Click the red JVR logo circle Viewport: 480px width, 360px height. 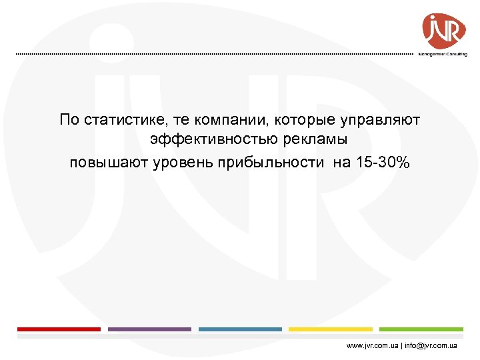coord(444,29)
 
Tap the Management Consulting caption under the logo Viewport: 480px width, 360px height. coord(443,55)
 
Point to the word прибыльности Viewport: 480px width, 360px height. coord(266,163)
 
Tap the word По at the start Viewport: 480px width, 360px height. coord(68,120)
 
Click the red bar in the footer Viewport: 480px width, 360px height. coord(59,329)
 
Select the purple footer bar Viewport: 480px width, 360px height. coord(149,329)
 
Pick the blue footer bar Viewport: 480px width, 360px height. coord(240,329)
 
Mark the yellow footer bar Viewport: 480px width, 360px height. coord(331,329)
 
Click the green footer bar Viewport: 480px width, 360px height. coord(421,329)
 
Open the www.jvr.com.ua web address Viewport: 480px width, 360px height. coord(373,346)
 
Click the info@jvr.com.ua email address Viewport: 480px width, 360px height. coord(430,346)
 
